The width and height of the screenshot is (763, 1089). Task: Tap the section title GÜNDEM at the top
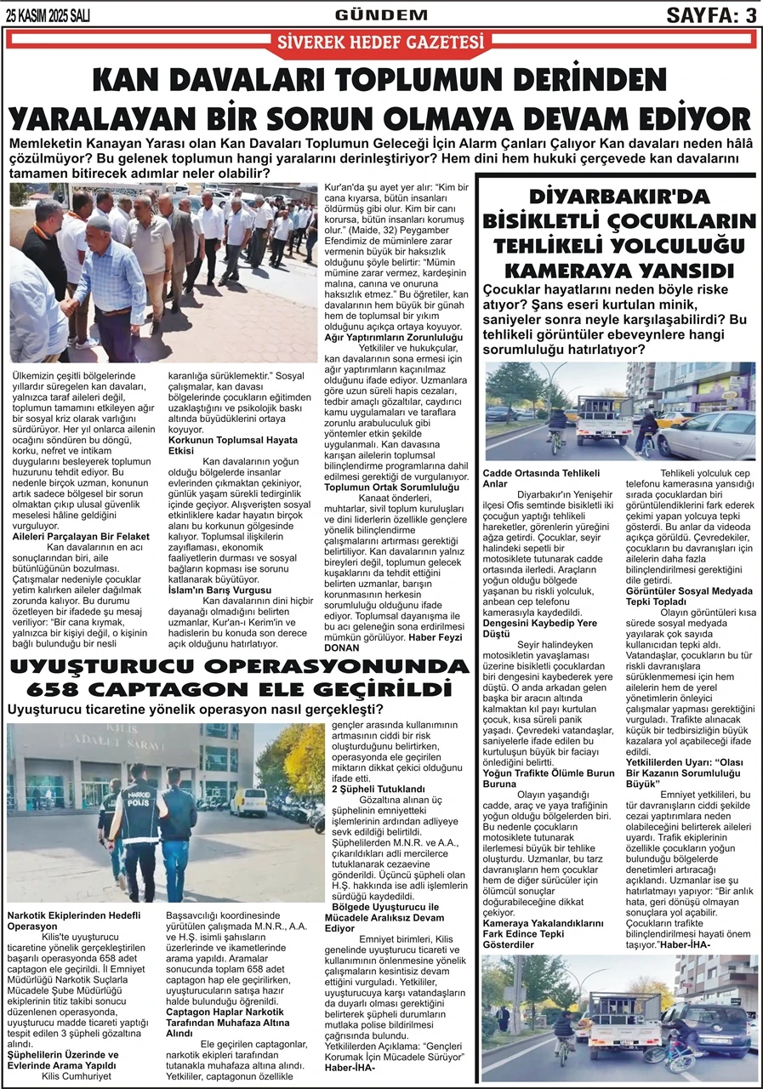[381, 14]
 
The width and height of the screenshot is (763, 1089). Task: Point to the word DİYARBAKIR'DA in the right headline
[618, 197]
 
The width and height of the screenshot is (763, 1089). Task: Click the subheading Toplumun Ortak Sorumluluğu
[393, 487]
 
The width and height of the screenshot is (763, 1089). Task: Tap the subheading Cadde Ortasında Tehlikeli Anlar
[542, 478]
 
